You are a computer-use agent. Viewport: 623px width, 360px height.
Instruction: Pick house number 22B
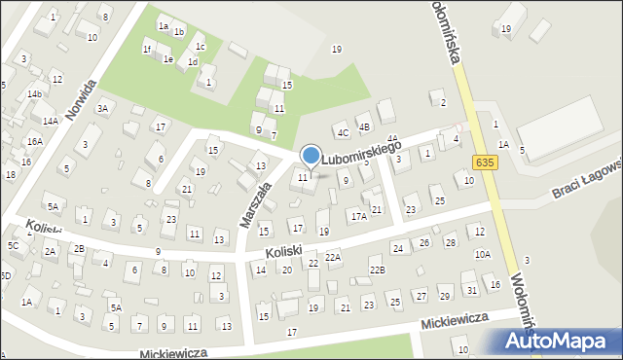pos(376,270)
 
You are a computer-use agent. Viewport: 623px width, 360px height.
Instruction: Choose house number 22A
pos(333,257)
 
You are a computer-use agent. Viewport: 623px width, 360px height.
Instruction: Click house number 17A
pos(358,216)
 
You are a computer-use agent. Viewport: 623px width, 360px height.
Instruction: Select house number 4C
pos(342,131)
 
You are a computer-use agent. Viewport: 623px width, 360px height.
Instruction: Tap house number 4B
pos(364,126)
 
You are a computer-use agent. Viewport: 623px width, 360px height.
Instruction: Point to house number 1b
pos(179,32)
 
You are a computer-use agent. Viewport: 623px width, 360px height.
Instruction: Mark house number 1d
pos(193,62)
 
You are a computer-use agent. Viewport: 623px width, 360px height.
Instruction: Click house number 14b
pos(34,93)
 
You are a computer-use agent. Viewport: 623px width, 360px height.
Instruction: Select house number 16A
pos(35,141)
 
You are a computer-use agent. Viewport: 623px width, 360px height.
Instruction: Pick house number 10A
pos(483,254)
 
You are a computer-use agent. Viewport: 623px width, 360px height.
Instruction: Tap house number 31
pos(471,290)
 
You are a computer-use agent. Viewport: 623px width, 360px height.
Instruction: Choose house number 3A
pos(101,109)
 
